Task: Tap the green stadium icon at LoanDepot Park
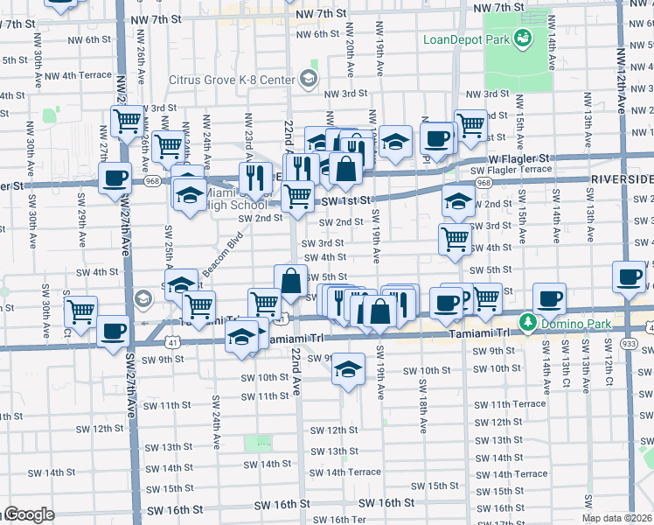[x=523, y=38]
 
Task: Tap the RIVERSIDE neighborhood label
[x=622, y=178]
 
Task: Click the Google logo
[x=28, y=514]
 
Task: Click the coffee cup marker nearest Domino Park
[x=549, y=299]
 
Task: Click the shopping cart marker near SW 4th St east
[x=455, y=238]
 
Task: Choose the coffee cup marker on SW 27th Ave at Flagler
[x=114, y=178]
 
